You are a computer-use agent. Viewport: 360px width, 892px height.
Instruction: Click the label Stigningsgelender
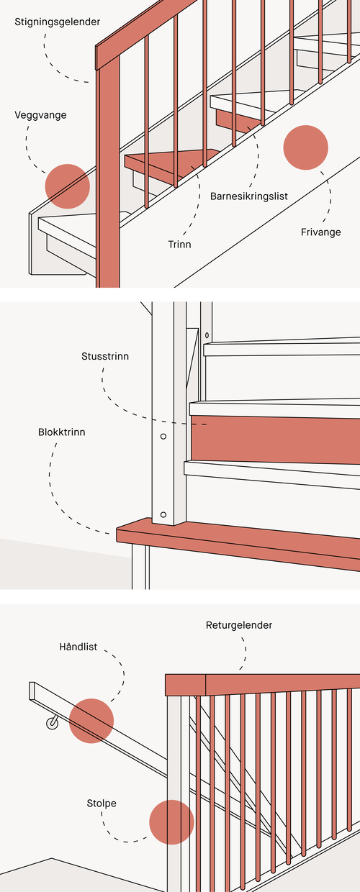coord(57,22)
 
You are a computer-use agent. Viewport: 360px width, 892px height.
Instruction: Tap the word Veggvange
coord(40,116)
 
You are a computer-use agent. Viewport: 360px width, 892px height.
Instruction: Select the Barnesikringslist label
coord(249,196)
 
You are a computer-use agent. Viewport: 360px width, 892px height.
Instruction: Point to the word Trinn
coord(179,244)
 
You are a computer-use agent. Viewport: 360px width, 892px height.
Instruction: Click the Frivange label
coord(320,232)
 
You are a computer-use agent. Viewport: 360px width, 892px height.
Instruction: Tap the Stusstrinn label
coord(105,356)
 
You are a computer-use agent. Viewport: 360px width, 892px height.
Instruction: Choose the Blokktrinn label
coord(61,432)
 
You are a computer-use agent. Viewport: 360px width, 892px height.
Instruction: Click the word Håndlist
coord(78,647)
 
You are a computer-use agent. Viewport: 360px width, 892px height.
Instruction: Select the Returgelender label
coord(239,625)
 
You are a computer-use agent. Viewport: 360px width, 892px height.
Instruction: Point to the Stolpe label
coord(102,804)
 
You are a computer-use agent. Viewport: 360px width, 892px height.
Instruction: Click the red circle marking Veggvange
coord(67,186)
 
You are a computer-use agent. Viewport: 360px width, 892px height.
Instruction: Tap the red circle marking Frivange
coord(306,147)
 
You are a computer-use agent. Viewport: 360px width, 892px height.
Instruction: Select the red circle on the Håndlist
coord(91,721)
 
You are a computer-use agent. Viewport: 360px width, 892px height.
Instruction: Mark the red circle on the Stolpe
coord(171,822)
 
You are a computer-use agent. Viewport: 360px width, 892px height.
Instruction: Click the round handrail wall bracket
coord(53,722)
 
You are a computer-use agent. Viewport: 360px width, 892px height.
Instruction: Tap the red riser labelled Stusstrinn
coord(275,440)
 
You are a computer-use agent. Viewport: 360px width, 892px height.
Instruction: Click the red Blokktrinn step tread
coord(239,544)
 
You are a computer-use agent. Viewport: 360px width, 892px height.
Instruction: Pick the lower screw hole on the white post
coord(163,514)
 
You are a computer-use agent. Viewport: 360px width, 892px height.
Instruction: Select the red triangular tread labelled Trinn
coord(171,163)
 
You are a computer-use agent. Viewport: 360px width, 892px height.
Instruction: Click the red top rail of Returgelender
coord(263,685)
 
